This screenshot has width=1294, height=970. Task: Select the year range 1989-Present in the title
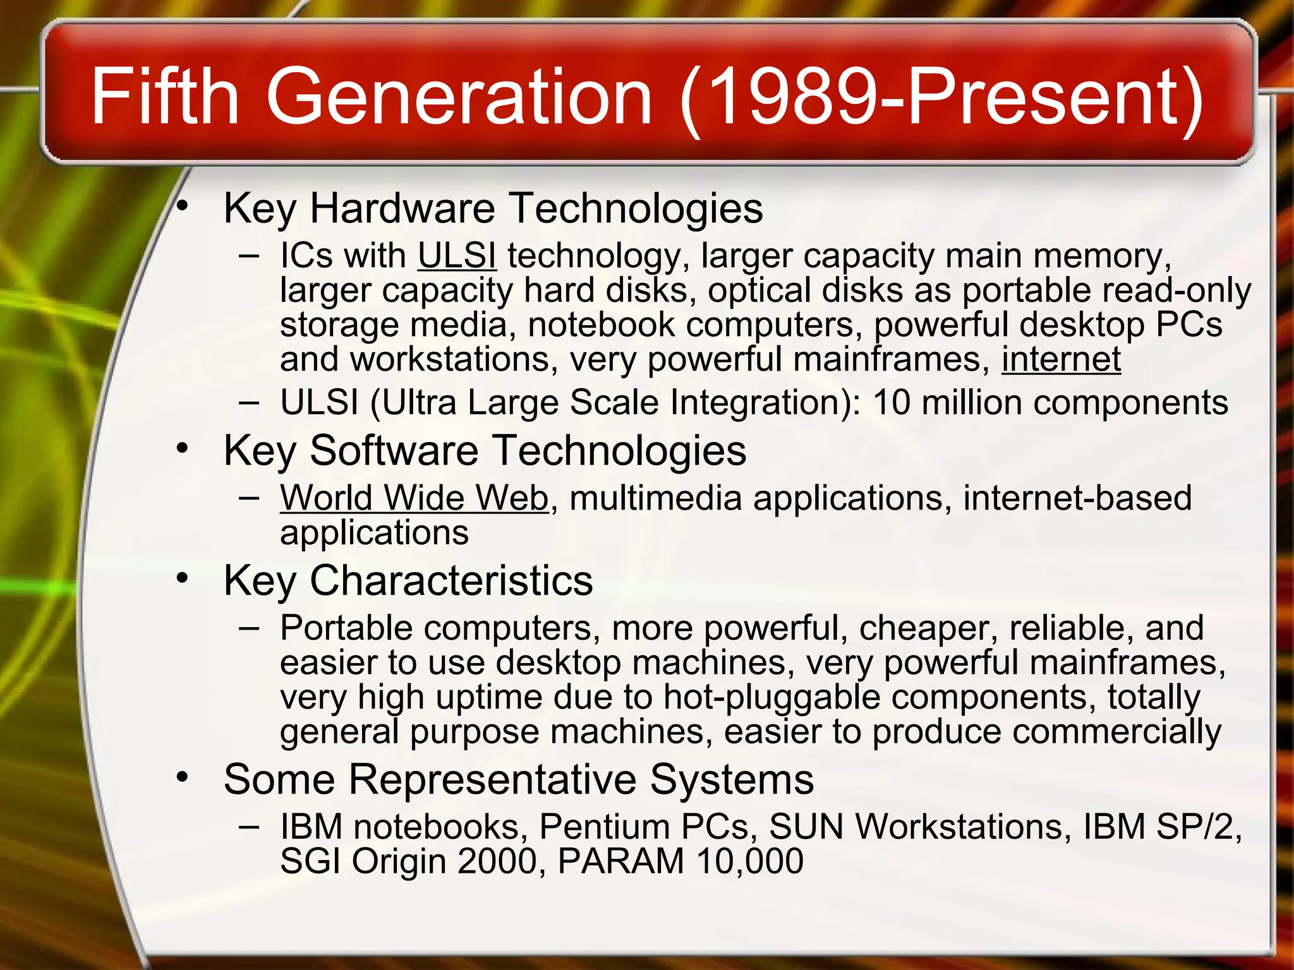(x=941, y=97)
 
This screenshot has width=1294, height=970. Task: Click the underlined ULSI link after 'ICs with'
(x=457, y=256)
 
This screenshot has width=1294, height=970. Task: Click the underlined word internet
(x=1061, y=359)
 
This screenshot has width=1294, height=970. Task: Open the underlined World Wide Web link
(x=414, y=498)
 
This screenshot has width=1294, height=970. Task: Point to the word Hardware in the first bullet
(x=402, y=208)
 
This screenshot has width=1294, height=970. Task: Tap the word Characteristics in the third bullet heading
(x=451, y=580)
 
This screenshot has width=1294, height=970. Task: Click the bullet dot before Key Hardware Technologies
(x=183, y=205)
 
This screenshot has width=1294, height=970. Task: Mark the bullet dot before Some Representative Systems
(x=183, y=777)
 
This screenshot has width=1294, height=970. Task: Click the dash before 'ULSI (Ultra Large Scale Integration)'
(x=249, y=403)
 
